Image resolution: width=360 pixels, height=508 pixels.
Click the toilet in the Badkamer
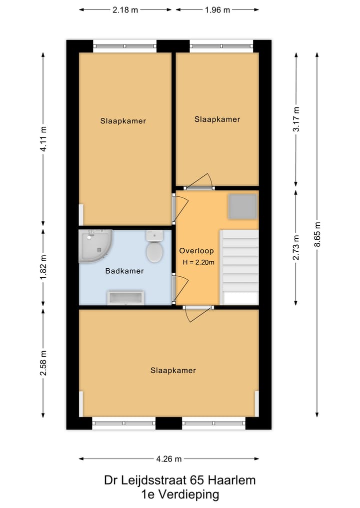(x=154, y=248)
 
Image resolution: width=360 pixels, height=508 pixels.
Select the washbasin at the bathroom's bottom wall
(x=125, y=298)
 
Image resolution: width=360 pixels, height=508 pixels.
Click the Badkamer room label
(x=124, y=271)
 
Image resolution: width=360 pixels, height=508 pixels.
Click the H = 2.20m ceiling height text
(x=198, y=262)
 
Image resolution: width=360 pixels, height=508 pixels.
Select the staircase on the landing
(x=239, y=267)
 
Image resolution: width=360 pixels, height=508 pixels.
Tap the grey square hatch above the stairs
(x=242, y=206)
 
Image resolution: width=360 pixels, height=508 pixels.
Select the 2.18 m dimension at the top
(x=125, y=10)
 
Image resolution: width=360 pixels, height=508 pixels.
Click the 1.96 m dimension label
(x=217, y=10)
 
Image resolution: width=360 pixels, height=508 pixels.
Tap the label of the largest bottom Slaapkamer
(x=173, y=371)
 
